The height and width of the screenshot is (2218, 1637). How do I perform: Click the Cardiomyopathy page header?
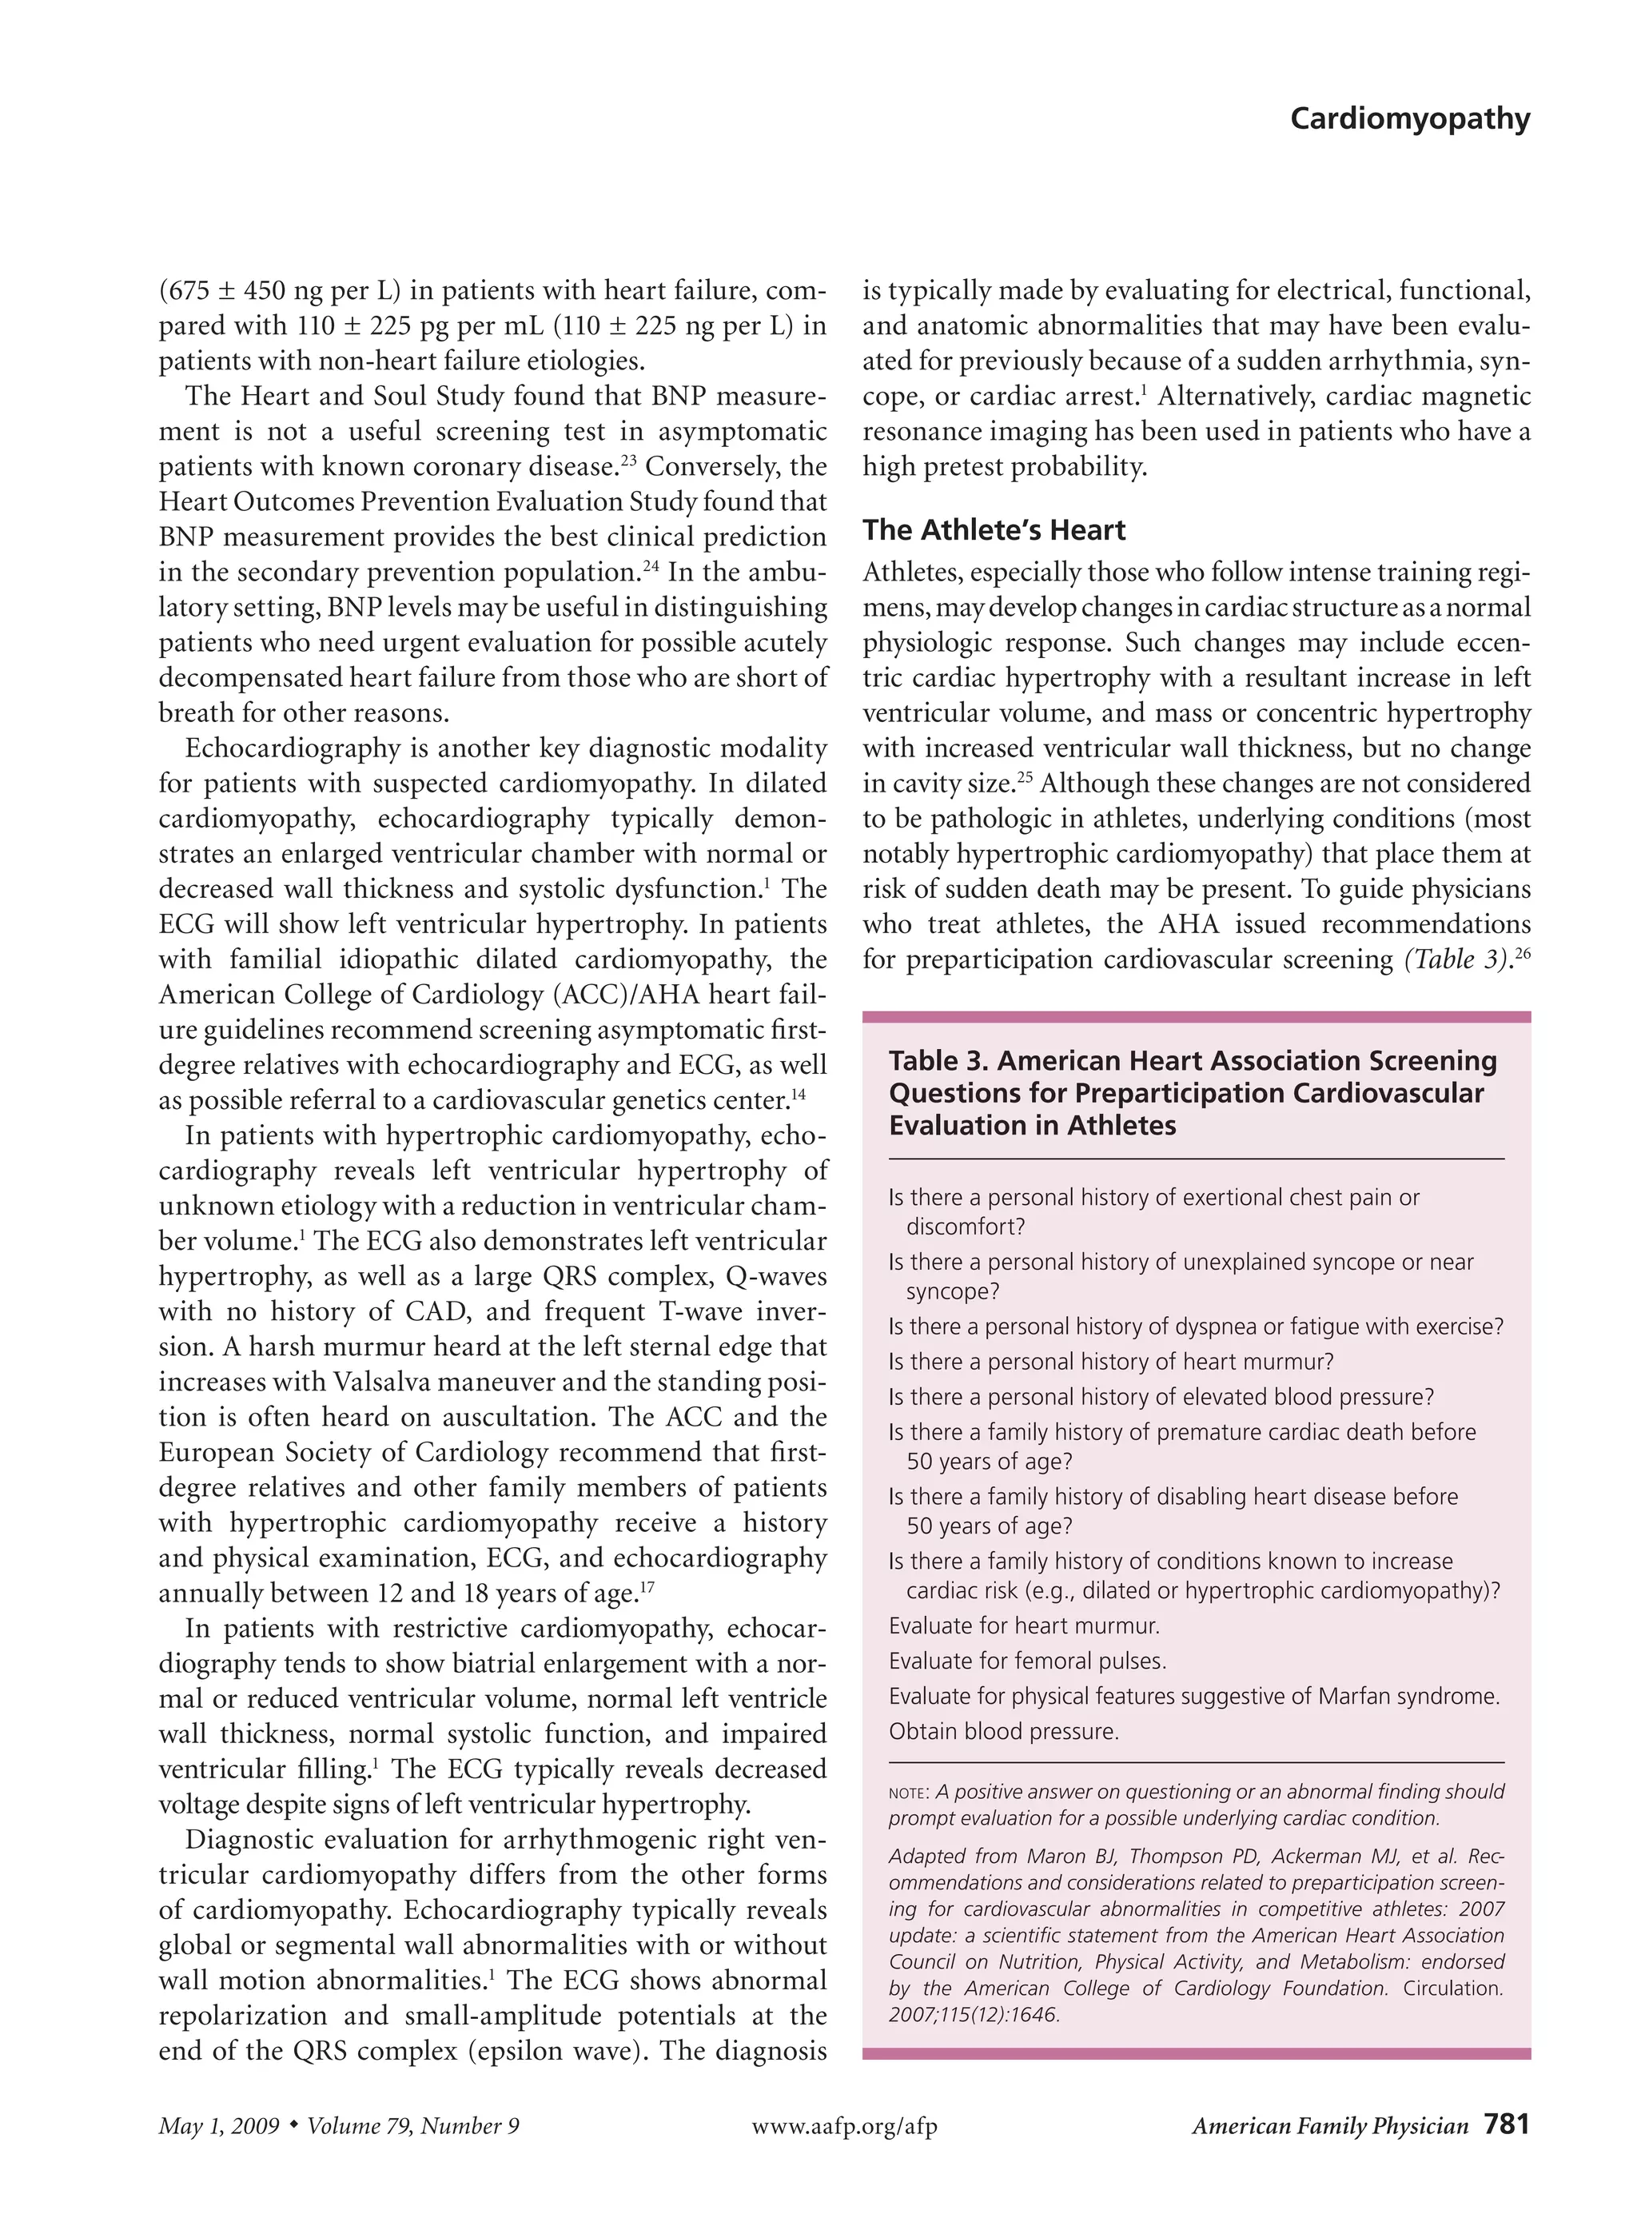[x=1409, y=119]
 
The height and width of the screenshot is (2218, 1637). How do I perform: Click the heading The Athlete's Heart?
[x=993, y=530]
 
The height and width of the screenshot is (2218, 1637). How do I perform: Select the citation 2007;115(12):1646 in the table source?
[x=973, y=2014]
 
